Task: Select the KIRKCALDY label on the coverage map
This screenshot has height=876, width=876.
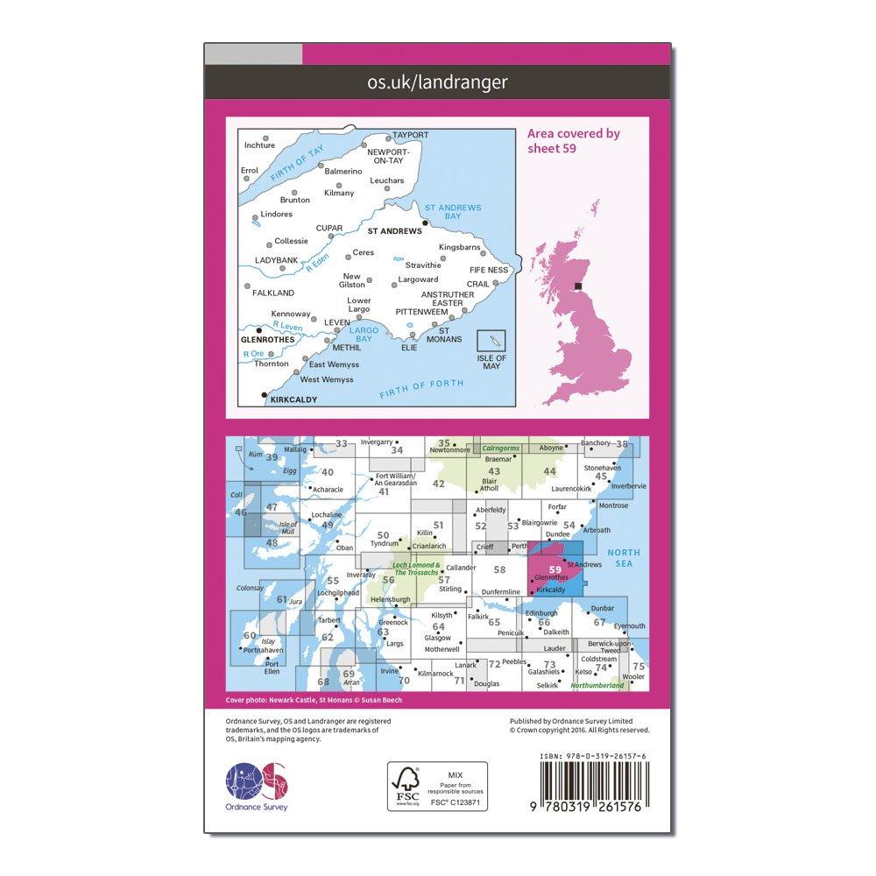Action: (x=293, y=399)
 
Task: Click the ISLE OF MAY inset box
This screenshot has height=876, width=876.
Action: (x=492, y=350)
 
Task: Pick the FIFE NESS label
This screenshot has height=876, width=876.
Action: (x=489, y=271)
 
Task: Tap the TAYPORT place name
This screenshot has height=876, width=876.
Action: (x=410, y=135)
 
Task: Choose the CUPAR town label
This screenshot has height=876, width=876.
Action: (x=329, y=229)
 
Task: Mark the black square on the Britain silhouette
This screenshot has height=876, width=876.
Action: (x=578, y=286)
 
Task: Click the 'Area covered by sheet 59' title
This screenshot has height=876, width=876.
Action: (x=574, y=140)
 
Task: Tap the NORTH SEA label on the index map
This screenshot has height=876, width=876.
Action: (x=625, y=558)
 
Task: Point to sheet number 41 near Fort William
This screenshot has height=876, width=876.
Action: (x=383, y=492)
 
